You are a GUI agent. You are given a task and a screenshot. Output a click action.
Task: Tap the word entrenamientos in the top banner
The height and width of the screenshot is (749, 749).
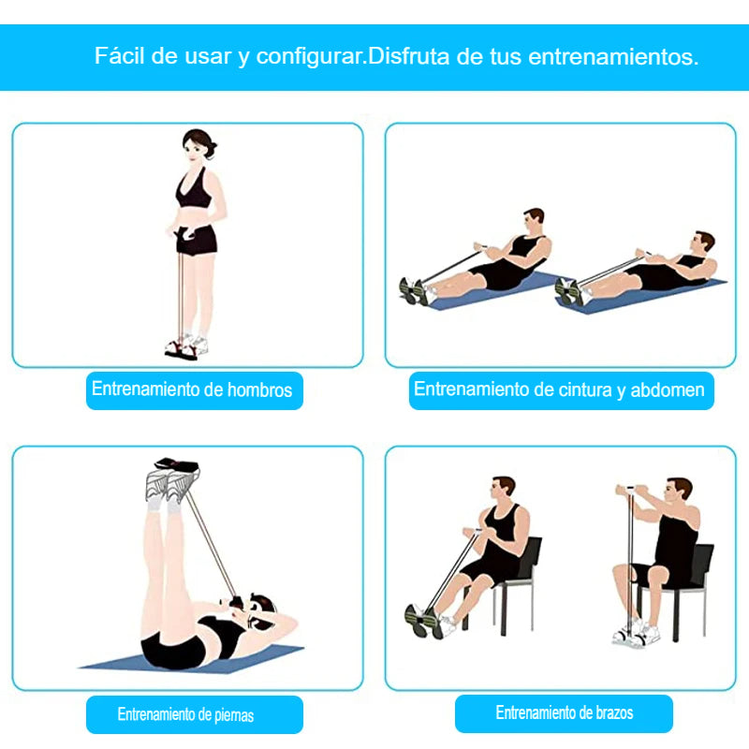pos(613,56)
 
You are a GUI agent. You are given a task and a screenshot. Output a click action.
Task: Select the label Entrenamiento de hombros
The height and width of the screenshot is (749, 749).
pos(192,389)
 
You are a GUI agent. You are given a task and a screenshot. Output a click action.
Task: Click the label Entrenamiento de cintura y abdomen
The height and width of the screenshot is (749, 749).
pos(559,389)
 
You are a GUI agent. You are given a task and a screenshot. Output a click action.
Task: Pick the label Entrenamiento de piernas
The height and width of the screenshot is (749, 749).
pos(185,714)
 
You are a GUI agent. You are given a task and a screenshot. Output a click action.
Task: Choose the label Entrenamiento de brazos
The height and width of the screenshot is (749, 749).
pos(565,712)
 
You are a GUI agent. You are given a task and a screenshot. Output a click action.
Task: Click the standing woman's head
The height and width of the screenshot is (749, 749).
pos(198,145)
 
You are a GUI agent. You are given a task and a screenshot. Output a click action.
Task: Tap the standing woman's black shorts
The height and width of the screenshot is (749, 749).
pos(196,240)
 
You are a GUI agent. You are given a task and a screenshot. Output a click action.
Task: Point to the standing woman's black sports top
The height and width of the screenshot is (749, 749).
pos(194,189)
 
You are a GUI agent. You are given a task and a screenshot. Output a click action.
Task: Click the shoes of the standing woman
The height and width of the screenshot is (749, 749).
pos(186,346)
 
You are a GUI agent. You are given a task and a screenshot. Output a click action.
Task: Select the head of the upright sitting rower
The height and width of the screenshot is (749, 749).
pos(533,220)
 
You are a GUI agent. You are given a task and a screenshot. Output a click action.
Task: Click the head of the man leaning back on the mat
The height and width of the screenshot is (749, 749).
pos(703,242)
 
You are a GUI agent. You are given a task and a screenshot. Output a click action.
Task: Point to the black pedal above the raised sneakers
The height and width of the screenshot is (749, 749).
pos(177,463)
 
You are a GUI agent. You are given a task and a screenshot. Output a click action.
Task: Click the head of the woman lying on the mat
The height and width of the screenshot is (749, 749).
pos(260,612)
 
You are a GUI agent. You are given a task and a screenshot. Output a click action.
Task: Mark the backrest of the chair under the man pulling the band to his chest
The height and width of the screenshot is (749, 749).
pos(531,557)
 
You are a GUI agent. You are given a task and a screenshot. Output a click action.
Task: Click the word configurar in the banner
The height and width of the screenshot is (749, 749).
pos(311,56)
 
